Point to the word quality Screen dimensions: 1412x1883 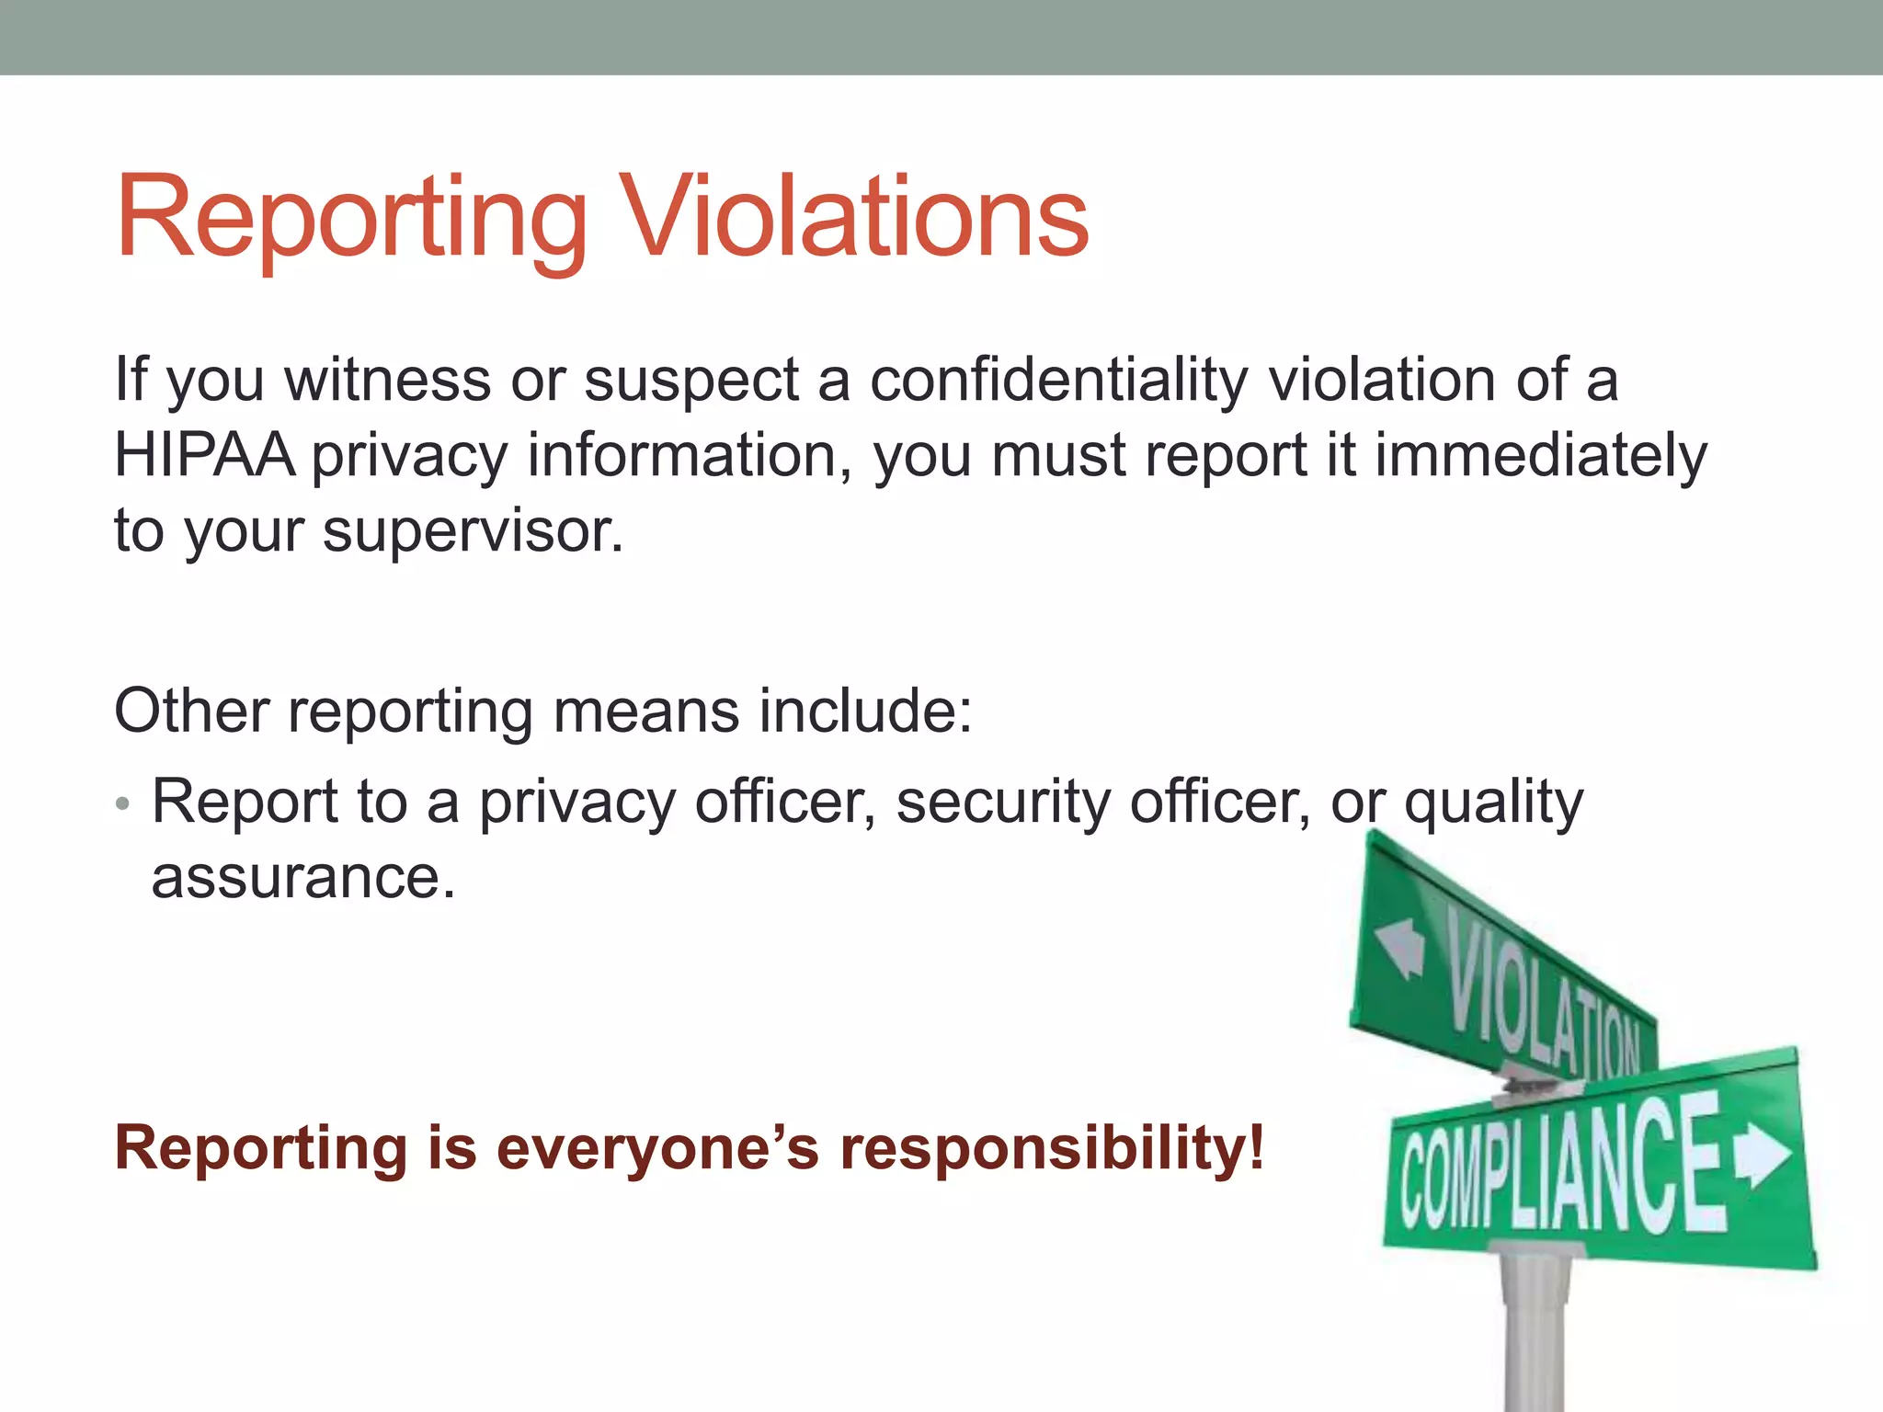[1493, 802]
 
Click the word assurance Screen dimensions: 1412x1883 [302, 877]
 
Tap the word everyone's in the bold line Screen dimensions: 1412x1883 [656, 1149]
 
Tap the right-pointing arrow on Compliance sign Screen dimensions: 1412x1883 [1763, 1154]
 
